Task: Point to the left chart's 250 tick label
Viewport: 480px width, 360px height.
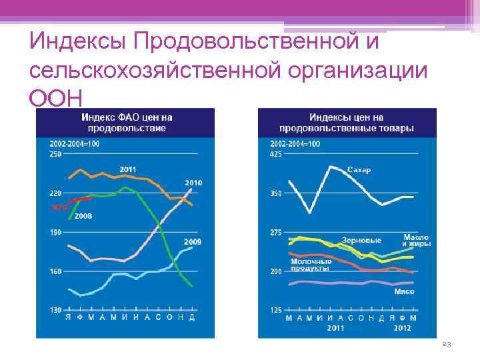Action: (56, 154)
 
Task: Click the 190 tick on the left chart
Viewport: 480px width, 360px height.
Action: (56, 232)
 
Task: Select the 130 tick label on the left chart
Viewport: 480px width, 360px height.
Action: (56, 310)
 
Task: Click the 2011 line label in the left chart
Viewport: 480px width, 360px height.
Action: (129, 169)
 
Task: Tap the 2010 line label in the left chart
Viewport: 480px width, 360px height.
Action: (193, 183)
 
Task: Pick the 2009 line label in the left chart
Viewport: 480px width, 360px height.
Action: (193, 241)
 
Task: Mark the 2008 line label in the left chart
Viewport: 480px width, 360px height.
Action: (83, 216)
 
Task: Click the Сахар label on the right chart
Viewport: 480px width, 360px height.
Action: (359, 170)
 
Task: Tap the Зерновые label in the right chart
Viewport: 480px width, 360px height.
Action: (361, 240)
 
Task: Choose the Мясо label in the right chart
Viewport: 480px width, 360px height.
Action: (404, 292)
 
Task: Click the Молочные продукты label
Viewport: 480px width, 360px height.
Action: (311, 265)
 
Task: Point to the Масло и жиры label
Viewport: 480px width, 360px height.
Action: (417, 241)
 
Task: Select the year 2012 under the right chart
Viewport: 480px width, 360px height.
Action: (402, 328)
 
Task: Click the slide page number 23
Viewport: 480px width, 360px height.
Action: (447, 344)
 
